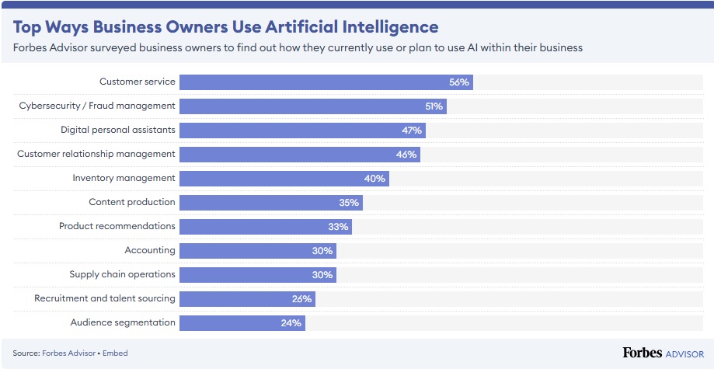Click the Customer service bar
click(326, 82)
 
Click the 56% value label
click(460, 82)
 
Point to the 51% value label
click(434, 106)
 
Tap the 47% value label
click(412, 131)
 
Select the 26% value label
click(302, 299)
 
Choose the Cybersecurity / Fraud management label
click(97, 106)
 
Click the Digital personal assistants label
click(118, 130)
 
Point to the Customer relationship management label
click(96, 154)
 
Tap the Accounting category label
click(150, 250)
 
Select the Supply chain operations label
click(122, 274)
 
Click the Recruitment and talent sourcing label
click(105, 298)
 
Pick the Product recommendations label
click(117, 226)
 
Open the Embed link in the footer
click(115, 353)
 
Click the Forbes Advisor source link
click(64, 353)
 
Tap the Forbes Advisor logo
click(663, 353)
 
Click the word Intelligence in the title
click(388, 27)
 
